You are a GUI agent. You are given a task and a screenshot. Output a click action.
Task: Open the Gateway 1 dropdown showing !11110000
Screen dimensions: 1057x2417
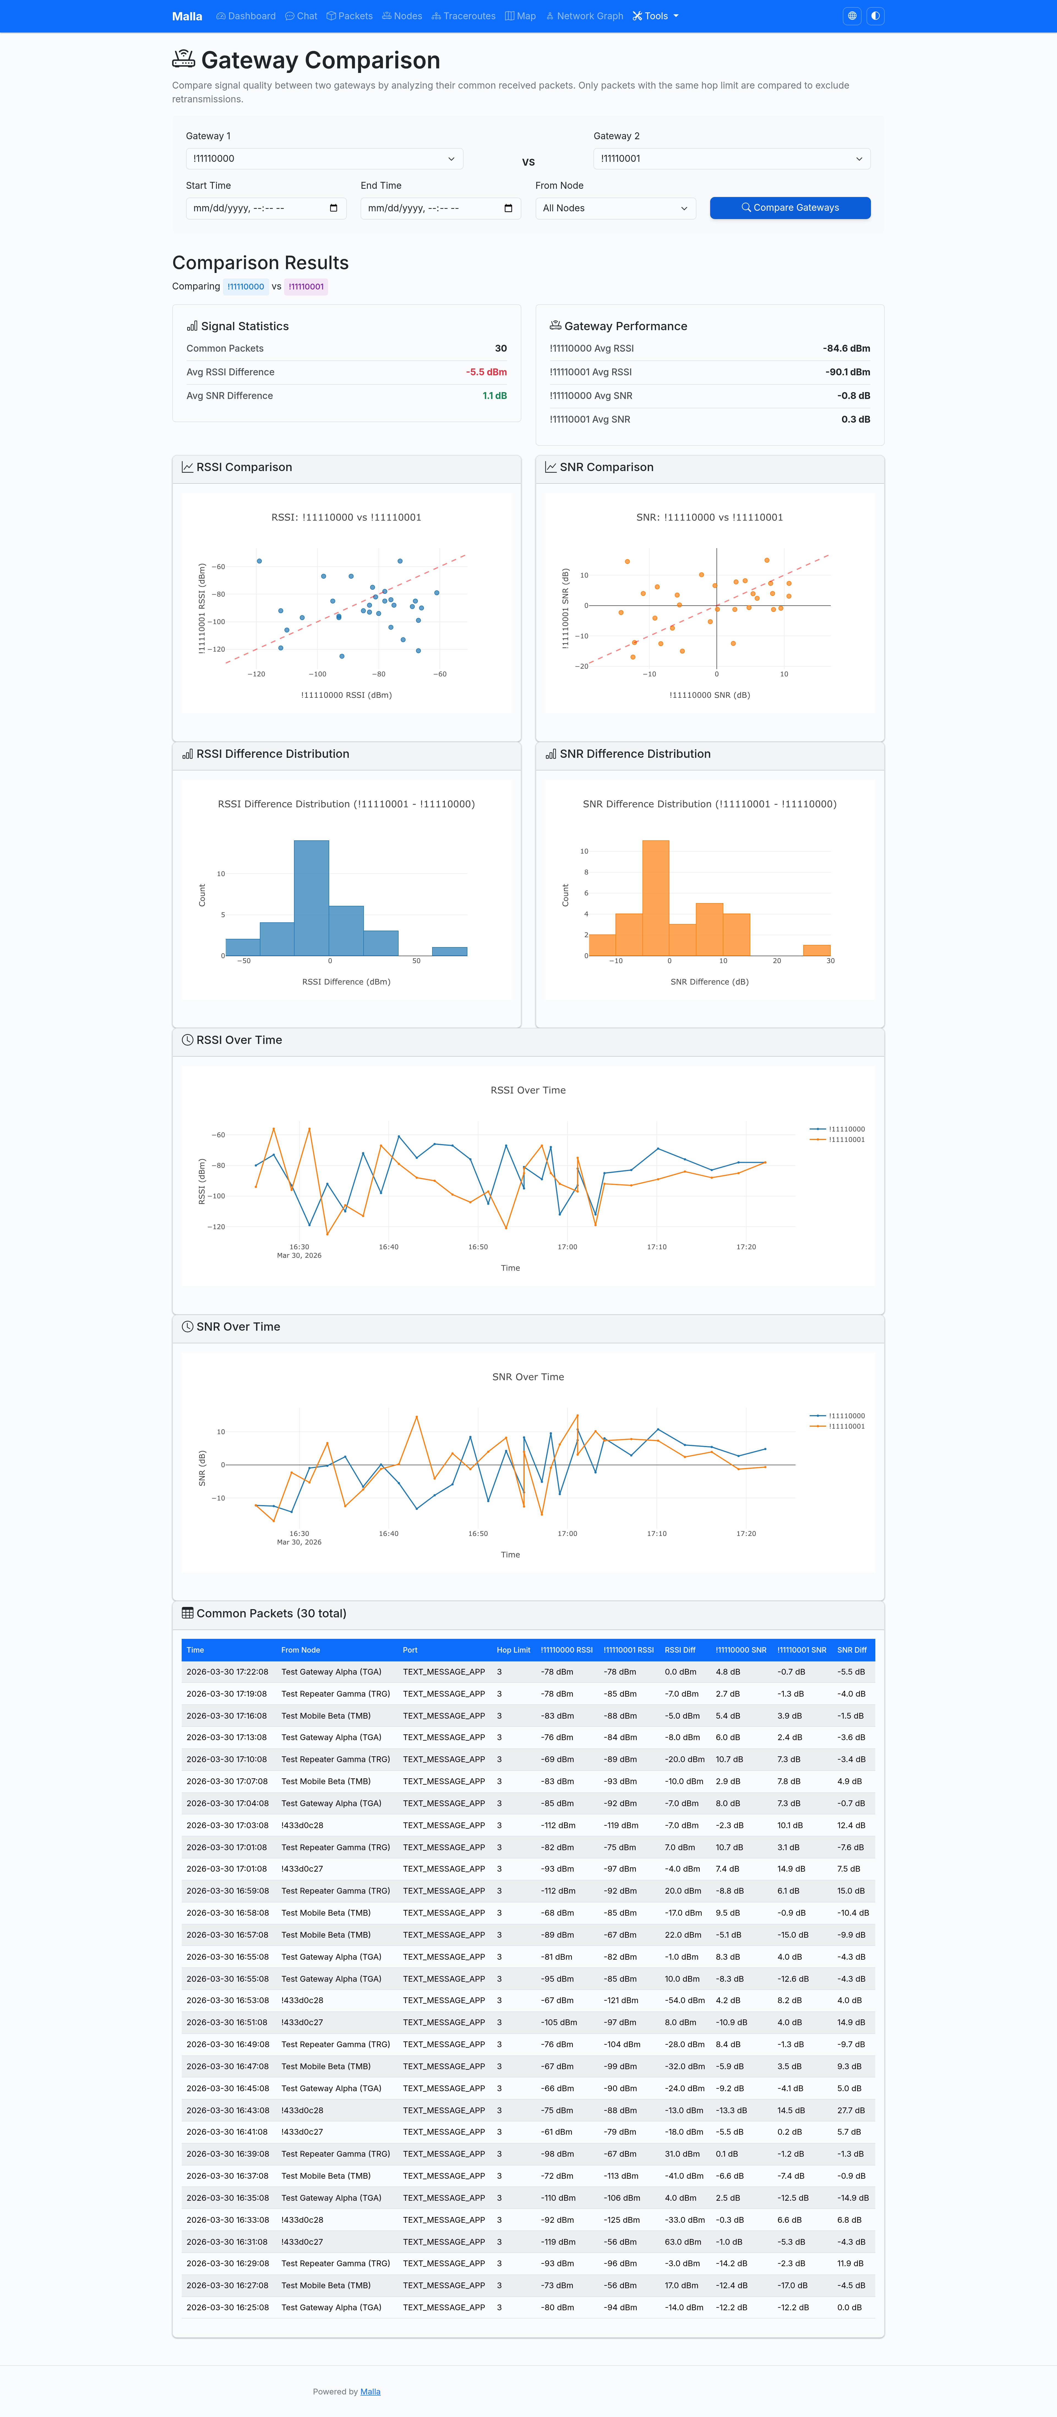(x=324, y=158)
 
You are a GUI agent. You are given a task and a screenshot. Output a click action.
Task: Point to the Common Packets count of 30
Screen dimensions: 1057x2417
(x=500, y=348)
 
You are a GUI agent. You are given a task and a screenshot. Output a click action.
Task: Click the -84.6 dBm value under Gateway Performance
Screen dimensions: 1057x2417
(x=847, y=348)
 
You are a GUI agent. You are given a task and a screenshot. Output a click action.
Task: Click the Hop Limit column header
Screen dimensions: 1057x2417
(x=513, y=1650)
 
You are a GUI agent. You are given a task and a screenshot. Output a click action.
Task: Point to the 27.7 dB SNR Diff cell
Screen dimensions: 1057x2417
(x=851, y=2110)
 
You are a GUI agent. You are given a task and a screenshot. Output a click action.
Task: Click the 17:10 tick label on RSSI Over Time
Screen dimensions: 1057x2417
(x=657, y=1247)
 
